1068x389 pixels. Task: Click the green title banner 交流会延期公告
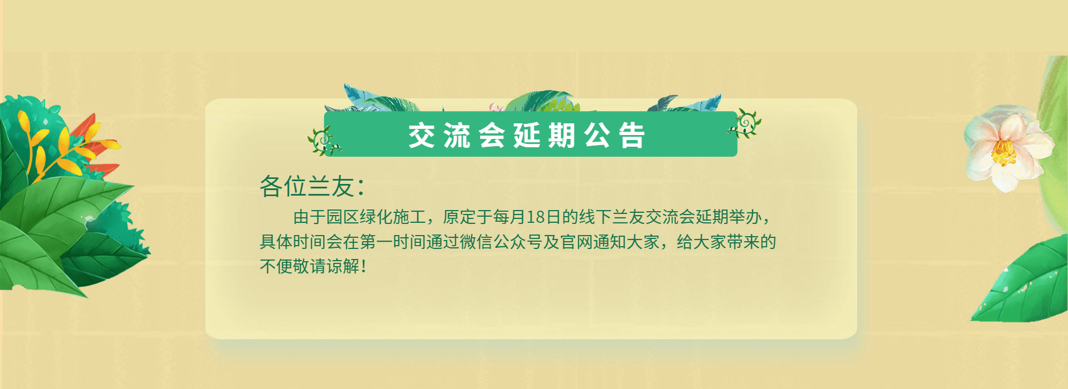tap(530, 134)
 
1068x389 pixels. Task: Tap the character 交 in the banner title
tap(421, 136)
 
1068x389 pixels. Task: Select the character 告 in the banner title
tap(632, 136)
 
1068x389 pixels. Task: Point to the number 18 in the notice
tap(535, 217)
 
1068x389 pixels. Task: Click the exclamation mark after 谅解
tap(364, 266)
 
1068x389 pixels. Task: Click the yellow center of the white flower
tap(1003, 152)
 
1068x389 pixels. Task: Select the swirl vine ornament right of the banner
tap(744, 124)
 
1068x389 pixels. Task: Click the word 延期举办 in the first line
tap(729, 217)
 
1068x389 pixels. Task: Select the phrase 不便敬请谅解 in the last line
tap(310, 266)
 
